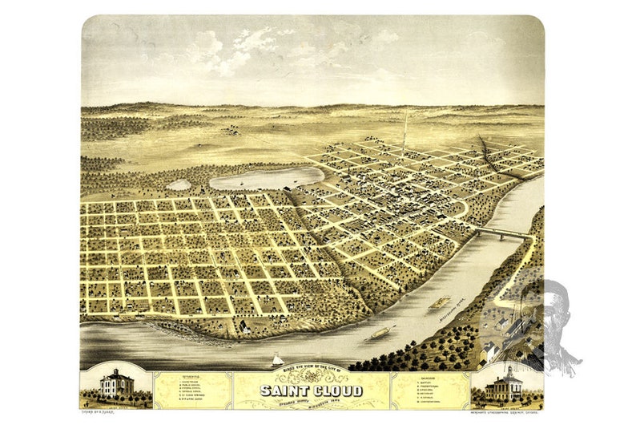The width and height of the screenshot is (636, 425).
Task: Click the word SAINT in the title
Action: pyautogui.click(x=285, y=391)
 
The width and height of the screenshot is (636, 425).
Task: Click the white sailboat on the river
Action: pyautogui.click(x=277, y=360)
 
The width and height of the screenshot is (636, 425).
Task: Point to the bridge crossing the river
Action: pyautogui.click(x=503, y=233)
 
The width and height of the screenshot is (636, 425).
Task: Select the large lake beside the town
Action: pyautogui.click(x=266, y=178)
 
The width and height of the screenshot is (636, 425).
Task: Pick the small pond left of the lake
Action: pyautogui.click(x=179, y=185)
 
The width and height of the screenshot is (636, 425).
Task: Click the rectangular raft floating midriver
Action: pyautogui.click(x=439, y=303)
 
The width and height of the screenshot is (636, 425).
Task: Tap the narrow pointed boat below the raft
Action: pyautogui.click(x=381, y=330)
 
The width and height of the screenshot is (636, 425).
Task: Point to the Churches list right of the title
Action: pyautogui.click(x=431, y=389)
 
